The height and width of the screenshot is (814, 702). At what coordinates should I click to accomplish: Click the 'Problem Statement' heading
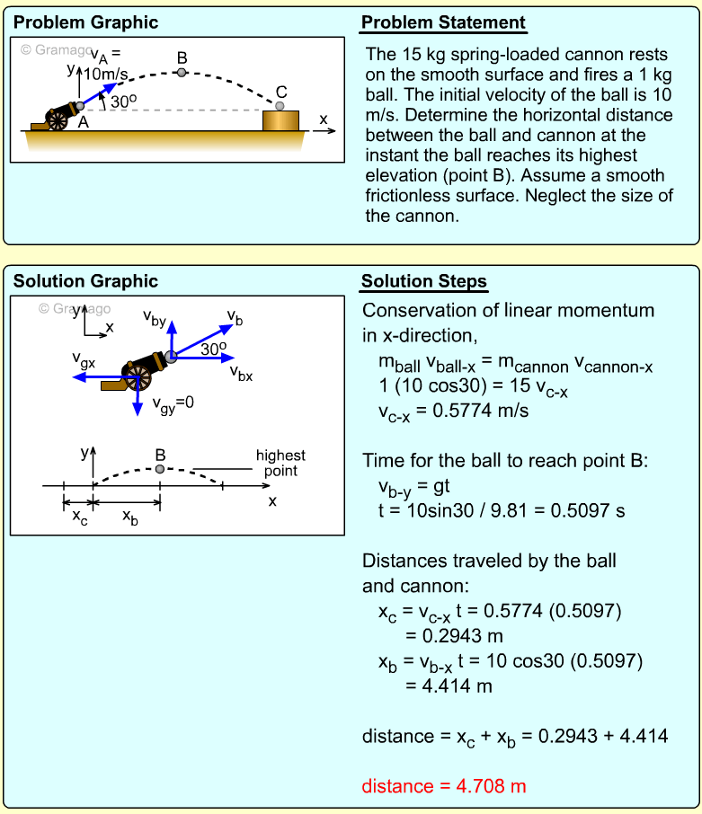443,23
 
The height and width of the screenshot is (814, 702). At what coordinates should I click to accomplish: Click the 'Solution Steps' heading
423,282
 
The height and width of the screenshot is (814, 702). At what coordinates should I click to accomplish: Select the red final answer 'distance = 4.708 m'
443,786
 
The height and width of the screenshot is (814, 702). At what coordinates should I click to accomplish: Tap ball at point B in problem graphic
182,72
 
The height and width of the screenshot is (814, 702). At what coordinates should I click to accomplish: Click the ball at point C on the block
280,105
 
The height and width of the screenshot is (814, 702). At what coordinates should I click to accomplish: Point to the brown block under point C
280,120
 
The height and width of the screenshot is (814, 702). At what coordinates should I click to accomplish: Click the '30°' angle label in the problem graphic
122,102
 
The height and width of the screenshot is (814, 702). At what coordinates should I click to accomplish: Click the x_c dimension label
79,518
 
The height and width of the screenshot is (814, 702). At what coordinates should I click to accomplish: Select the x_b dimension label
129,518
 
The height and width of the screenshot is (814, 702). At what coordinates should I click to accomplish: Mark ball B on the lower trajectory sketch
160,469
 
